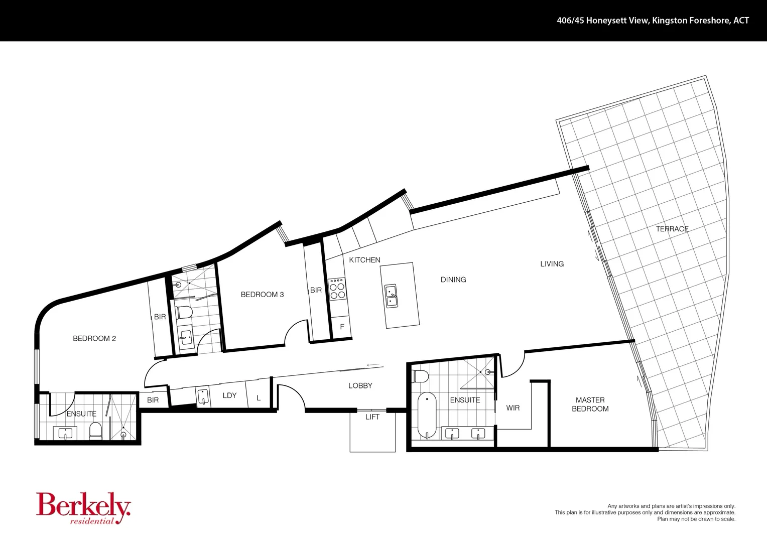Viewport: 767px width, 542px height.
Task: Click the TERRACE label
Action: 672,229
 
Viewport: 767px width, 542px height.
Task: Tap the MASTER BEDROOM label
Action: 590,404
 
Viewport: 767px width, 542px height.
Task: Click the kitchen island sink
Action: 391,296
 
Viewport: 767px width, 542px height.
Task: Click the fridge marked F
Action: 342,327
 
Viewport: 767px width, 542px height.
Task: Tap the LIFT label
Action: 372,417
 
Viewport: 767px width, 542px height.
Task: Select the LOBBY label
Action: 360,385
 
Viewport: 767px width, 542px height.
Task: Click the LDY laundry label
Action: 229,395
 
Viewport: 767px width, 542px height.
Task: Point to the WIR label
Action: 513,408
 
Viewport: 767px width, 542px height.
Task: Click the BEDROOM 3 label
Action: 262,295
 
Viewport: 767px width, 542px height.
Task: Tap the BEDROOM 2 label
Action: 94,338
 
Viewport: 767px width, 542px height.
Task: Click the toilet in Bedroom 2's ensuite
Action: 95,431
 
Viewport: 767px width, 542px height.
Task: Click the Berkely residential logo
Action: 83,508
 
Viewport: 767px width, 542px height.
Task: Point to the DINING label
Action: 453,280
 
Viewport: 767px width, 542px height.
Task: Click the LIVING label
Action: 552,263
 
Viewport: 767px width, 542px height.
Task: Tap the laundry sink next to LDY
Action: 203,396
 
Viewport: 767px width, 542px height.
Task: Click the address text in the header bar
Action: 653,21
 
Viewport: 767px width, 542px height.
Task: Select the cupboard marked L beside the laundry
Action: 259,397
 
